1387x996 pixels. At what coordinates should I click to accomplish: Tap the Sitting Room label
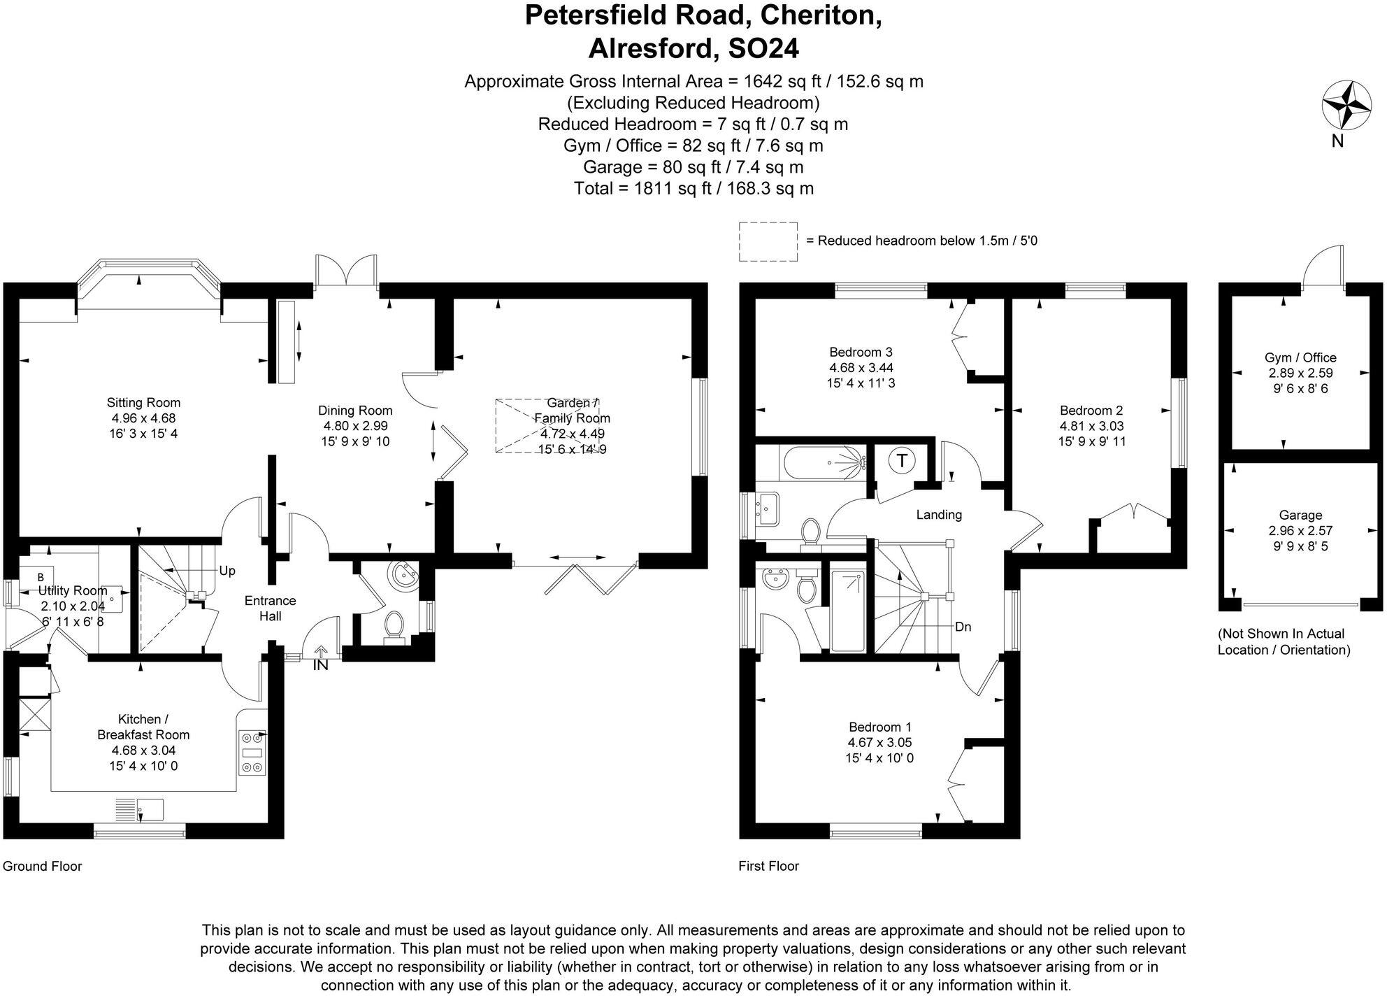click(143, 403)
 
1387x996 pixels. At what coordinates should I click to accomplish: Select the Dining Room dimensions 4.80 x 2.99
click(355, 426)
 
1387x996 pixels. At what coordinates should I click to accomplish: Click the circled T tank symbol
click(902, 461)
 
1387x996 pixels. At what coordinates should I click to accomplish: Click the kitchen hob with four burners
click(252, 753)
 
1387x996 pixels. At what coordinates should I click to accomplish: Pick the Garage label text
click(1300, 515)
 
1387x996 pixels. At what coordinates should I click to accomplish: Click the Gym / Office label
click(1300, 357)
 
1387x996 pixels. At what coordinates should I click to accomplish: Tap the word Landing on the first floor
click(939, 515)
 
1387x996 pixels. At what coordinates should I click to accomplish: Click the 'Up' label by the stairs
click(227, 571)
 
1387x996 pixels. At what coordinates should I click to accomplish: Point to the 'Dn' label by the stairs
click(963, 627)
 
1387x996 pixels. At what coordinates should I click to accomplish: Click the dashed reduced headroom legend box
click(768, 242)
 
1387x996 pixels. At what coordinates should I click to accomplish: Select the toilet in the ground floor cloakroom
click(394, 625)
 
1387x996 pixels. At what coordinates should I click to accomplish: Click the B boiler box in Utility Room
click(40, 577)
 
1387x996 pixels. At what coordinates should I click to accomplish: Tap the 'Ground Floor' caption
click(43, 866)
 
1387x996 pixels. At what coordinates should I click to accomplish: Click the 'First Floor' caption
click(768, 866)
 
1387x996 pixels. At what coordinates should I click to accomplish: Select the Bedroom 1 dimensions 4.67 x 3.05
click(879, 743)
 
